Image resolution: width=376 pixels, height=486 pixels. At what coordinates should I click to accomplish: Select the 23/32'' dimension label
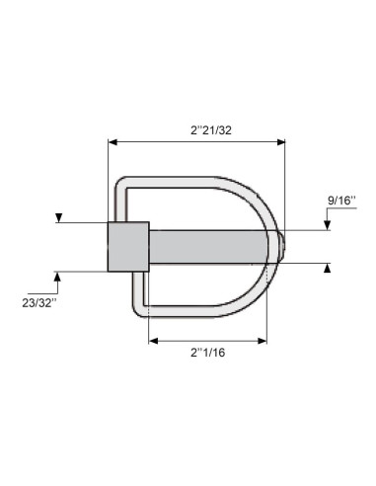pyautogui.click(x=39, y=301)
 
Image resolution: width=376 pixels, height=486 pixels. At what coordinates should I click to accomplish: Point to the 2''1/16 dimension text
pyautogui.click(x=207, y=353)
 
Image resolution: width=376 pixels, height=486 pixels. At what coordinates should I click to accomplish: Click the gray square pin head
pyautogui.click(x=127, y=246)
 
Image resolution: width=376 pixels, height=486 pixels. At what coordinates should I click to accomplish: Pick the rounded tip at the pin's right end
pyautogui.click(x=283, y=246)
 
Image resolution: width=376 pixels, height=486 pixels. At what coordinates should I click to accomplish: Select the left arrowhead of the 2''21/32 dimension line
pyautogui.click(x=111, y=142)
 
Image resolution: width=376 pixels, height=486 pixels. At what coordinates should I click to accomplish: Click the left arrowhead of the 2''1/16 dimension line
pyautogui.click(x=152, y=341)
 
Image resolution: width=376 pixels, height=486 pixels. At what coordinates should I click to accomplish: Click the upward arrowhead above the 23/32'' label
pyautogui.click(x=57, y=276)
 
